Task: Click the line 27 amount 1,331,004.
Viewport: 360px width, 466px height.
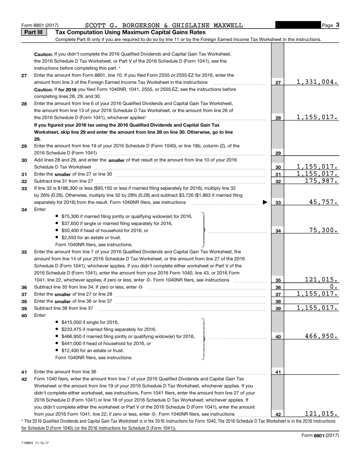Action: pyautogui.click(x=317, y=82)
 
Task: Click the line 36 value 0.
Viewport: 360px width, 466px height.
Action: pyautogui.click(x=334, y=286)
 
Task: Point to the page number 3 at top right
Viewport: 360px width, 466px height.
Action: pyautogui.click(x=337, y=25)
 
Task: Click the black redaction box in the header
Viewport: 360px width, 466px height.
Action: pyautogui.click(x=298, y=25)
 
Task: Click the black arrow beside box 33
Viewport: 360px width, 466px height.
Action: pyautogui.click(x=265, y=203)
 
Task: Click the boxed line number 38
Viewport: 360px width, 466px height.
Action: pyautogui.click(x=278, y=301)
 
